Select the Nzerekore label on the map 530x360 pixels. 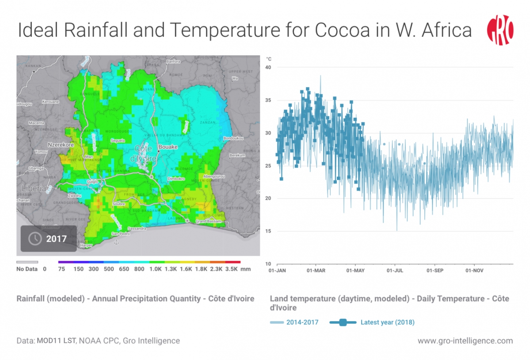pos(61,145)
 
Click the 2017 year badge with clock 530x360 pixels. pos(49,239)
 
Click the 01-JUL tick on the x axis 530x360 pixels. pos(395,270)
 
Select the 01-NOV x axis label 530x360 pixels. pos(474,270)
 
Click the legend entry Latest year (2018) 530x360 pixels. pos(387,322)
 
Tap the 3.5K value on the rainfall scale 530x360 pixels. pos(232,269)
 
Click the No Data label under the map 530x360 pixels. pos(27,269)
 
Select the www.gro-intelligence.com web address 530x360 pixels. pos(465,341)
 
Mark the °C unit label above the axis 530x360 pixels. pos(269,59)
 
